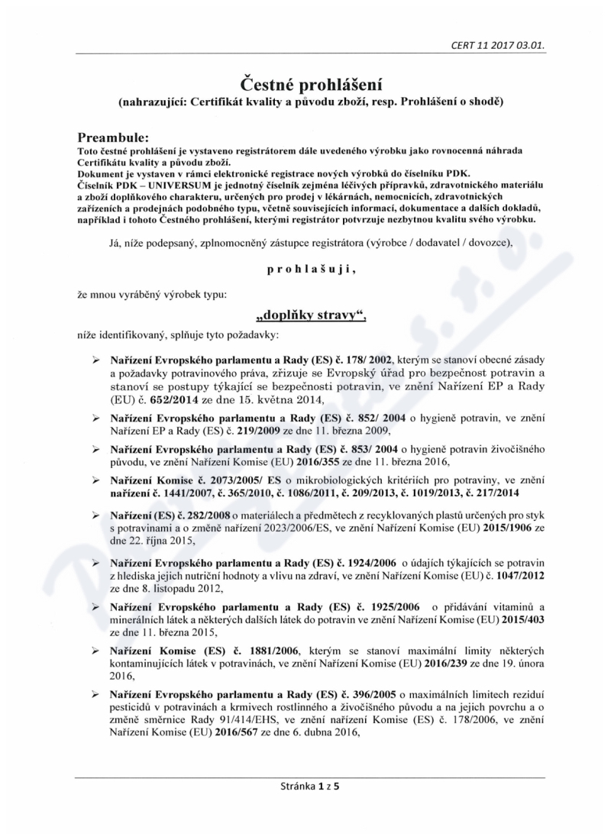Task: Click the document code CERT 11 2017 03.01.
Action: [x=499, y=44]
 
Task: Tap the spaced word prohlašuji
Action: [x=305, y=269]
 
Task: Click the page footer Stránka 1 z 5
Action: [x=305, y=787]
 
